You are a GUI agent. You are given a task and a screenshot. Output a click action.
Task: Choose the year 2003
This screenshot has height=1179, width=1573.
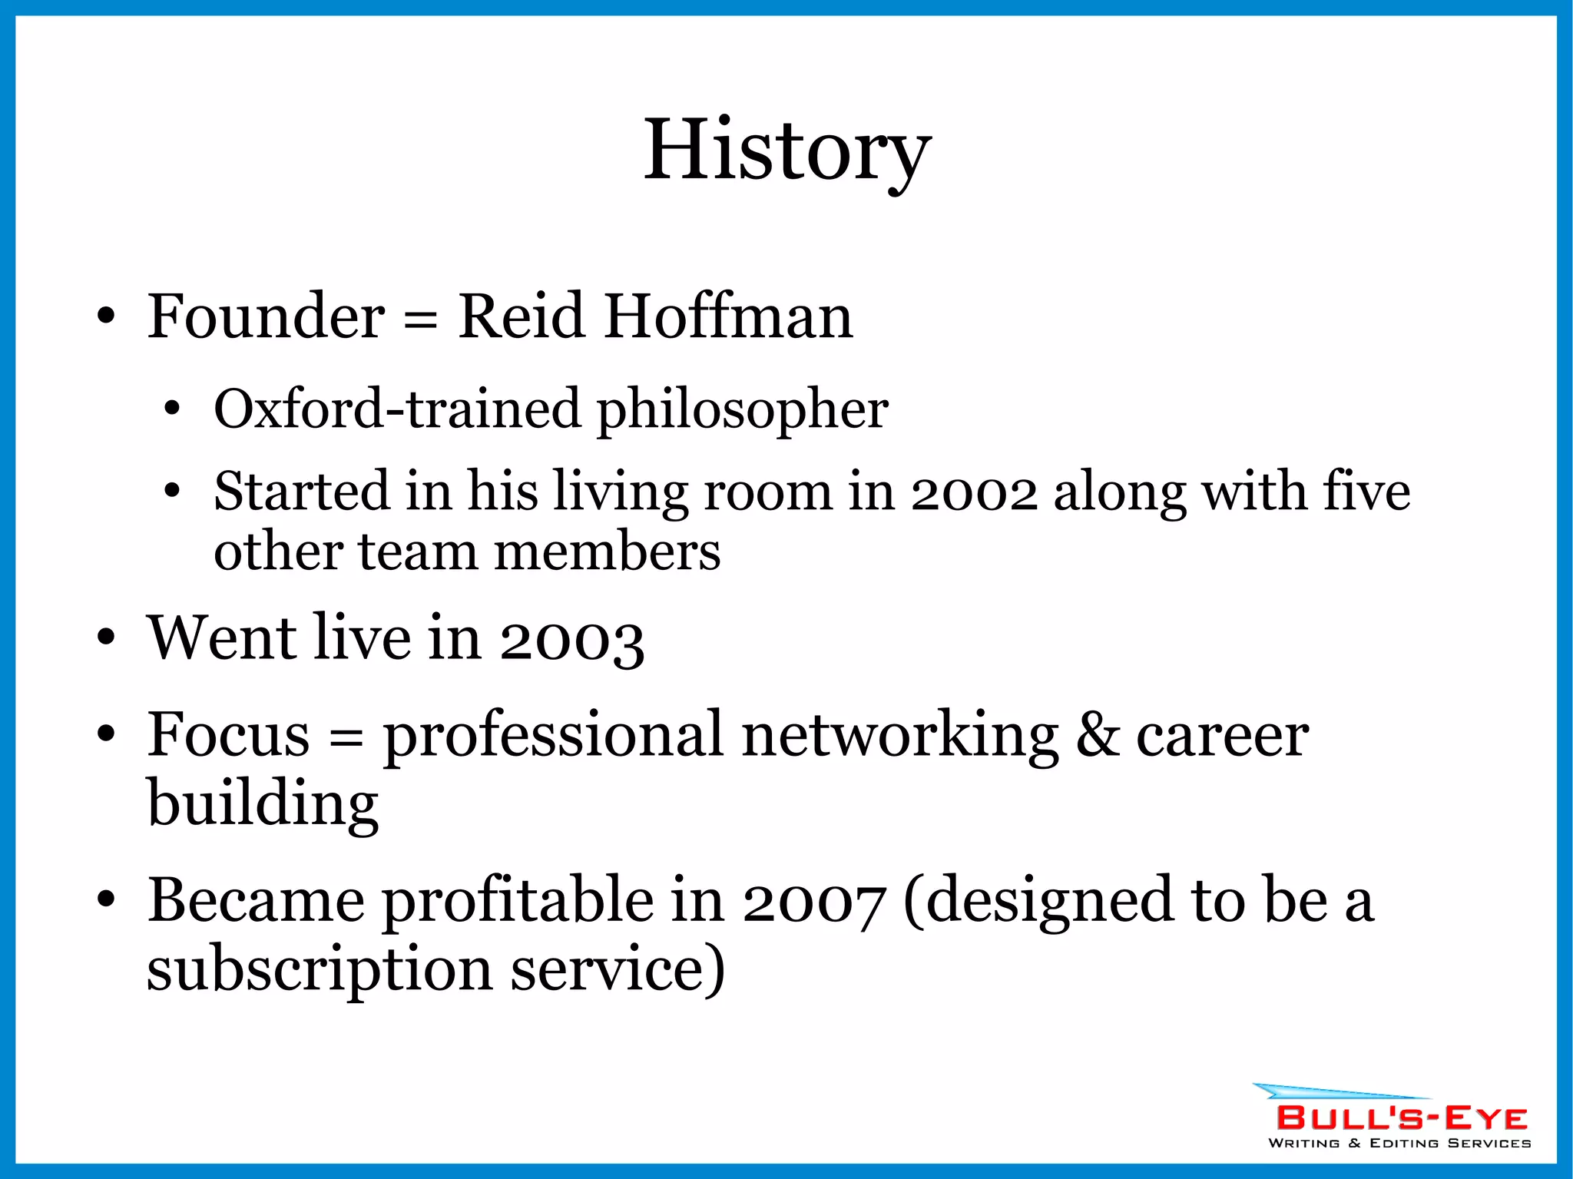tap(571, 639)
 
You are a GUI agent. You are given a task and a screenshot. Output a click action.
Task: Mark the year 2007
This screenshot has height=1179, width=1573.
tap(814, 902)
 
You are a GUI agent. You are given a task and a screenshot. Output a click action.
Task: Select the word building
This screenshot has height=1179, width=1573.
tap(263, 803)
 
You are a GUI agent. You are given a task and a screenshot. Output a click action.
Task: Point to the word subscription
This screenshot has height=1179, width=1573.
tap(320, 969)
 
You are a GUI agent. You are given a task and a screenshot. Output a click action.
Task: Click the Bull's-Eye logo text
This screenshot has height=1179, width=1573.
tap(1402, 1118)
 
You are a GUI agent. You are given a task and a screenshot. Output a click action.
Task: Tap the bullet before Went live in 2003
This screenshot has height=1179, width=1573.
tap(106, 637)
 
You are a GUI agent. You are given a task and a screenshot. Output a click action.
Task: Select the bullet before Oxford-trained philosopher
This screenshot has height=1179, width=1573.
tap(172, 409)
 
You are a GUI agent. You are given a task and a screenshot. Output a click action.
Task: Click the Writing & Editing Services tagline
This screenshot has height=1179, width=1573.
tap(1399, 1144)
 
